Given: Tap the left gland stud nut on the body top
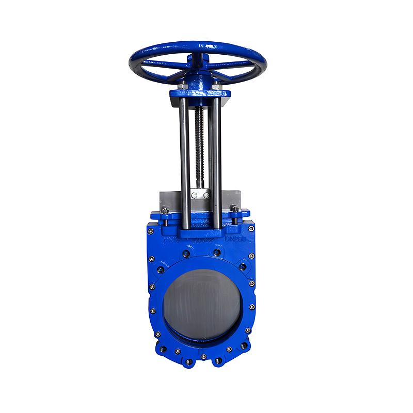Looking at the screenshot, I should point(165,210).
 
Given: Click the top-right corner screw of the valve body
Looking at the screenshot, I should point(251,227).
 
